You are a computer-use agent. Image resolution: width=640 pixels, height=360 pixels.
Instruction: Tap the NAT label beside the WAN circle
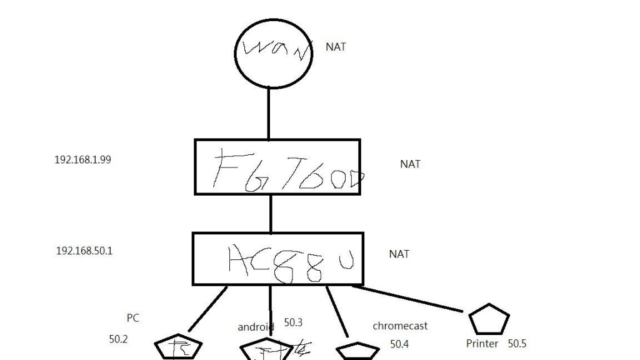[x=336, y=47]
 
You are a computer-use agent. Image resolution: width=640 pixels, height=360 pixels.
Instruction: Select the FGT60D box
[x=277, y=167]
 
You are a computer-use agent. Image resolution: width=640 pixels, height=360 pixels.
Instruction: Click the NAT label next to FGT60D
[x=410, y=164]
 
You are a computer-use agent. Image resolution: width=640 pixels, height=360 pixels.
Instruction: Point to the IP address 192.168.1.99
[x=82, y=159]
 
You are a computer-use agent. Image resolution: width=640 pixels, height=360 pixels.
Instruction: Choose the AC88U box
[x=278, y=259]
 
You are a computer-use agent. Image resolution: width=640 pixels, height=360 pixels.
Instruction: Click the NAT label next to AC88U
[x=399, y=254]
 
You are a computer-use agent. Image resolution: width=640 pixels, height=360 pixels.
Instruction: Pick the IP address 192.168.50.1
[x=84, y=251]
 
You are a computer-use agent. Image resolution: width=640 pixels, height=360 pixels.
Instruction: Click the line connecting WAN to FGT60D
[x=269, y=112]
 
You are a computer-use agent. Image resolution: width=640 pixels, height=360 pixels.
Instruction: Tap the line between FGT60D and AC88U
[x=271, y=213]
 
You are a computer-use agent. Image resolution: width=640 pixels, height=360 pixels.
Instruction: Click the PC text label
[x=132, y=318]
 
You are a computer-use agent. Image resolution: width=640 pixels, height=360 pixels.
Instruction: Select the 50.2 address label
[x=118, y=339]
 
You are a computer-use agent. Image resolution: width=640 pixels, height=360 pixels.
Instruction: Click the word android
[x=256, y=327]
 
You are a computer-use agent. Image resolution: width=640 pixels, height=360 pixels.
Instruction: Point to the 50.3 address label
[x=293, y=322]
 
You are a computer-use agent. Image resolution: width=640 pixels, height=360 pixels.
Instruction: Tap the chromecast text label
[x=400, y=326]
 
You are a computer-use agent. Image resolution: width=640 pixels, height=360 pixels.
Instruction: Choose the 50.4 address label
[x=399, y=344]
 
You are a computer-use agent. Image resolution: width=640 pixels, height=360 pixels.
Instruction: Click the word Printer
[x=482, y=344]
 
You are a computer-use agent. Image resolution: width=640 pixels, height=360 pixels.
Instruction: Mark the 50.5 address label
[x=517, y=344]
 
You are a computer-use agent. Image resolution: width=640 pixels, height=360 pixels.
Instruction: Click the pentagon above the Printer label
[x=489, y=319]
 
